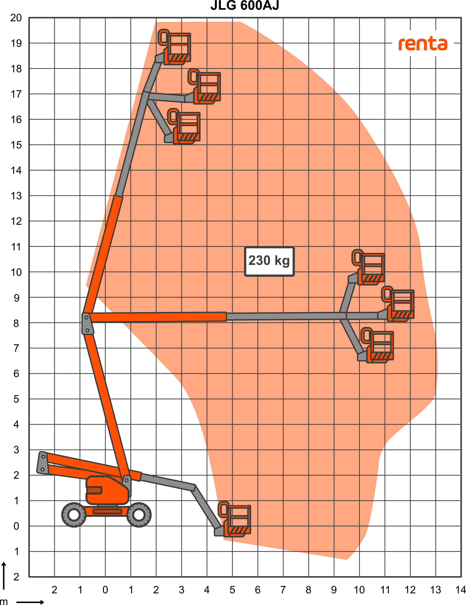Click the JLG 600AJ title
[x=245, y=5]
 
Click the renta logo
[x=423, y=44]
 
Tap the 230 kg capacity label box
[x=269, y=261]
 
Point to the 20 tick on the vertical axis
[x=16, y=18]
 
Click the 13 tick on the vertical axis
[x=16, y=196]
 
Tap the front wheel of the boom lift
[x=139, y=515]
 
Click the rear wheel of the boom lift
[x=74, y=515]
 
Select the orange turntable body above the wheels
[x=107, y=490]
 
